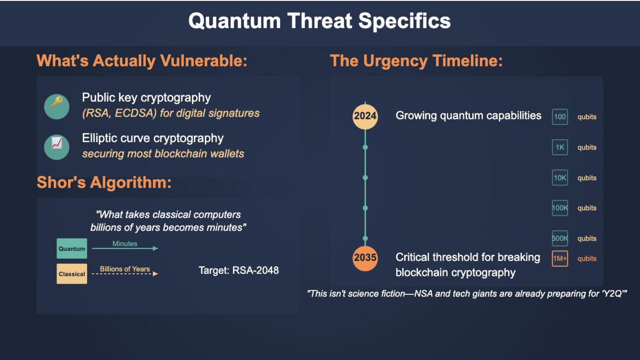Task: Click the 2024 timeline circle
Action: click(x=365, y=116)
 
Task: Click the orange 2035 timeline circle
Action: click(x=365, y=258)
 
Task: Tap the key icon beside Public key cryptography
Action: click(x=56, y=106)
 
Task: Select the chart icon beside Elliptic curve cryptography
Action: click(x=56, y=147)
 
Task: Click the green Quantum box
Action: click(x=72, y=248)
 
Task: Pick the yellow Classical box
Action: click(x=72, y=274)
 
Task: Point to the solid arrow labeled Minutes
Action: click(x=125, y=248)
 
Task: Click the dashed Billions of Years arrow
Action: click(x=125, y=274)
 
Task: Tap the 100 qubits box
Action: click(x=560, y=116)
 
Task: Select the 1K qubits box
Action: click(x=560, y=147)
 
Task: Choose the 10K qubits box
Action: click(x=560, y=178)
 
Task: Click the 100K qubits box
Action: click(x=560, y=208)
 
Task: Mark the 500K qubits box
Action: click(x=560, y=238)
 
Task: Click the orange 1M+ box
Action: click(x=560, y=259)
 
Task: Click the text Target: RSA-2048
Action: click(x=239, y=270)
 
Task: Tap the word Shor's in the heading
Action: click(x=61, y=182)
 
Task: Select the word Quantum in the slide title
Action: click(x=235, y=21)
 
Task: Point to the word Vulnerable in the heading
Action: click(x=204, y=61)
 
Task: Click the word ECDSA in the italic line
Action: click(x=136, y=113)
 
